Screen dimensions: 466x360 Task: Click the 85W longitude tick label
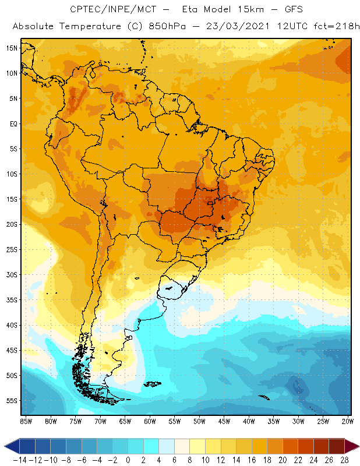tap(26, 421)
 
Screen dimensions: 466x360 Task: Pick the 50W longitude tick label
tap(200, 421)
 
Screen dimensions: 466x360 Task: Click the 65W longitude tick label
tap(125, 421)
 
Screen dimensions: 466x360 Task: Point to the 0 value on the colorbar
tap(128, 460)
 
